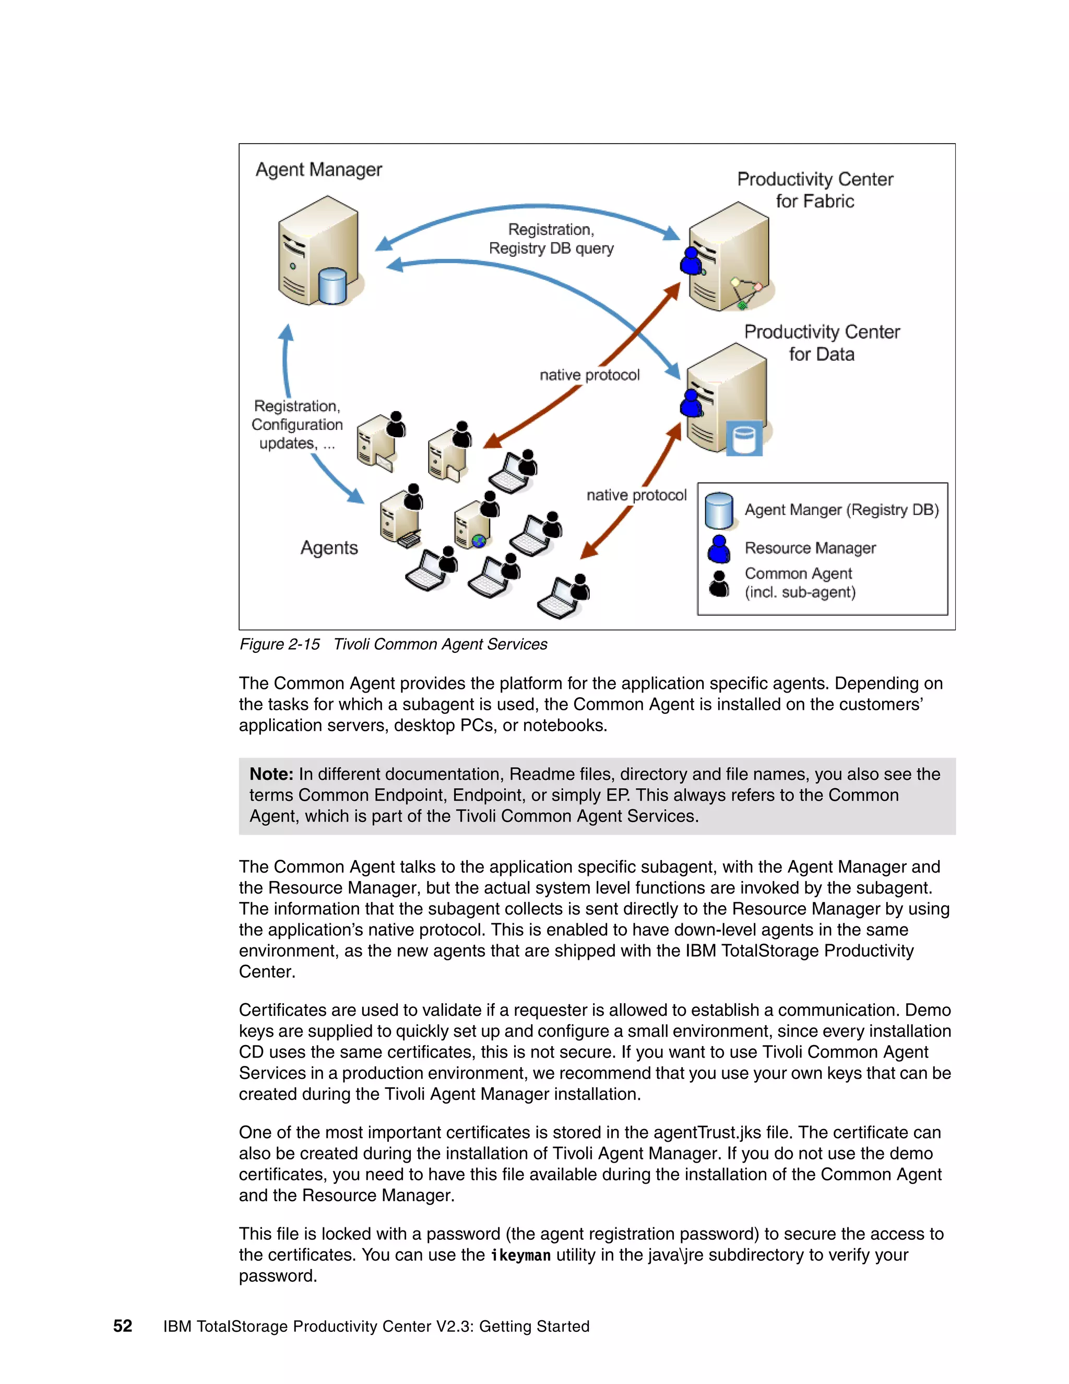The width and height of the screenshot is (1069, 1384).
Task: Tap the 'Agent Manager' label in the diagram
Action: [x=318, y=170]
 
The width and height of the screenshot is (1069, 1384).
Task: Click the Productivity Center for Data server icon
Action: [x=727, y=398]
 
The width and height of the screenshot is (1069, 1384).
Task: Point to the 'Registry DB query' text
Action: [x=551, y=249]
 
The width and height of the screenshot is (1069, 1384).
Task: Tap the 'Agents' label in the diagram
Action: [x=329, y=547]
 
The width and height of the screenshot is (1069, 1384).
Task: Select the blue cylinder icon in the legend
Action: [x=719, y=511]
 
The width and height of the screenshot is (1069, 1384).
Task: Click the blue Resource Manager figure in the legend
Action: [x=719, y=549]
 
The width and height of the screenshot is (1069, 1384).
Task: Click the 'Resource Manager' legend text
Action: [x=810, y=548]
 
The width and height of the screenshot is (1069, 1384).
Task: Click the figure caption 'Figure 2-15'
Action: [x=279, y=644]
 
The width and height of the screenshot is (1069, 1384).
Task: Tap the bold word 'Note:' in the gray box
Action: [x=271, y=775]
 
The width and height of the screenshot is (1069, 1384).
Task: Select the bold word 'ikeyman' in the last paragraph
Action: [x=520, y=1256]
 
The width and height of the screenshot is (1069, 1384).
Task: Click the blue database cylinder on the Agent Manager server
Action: [x=332, y=286]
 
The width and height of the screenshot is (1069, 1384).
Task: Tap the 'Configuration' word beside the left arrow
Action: [x=297, y=425]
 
